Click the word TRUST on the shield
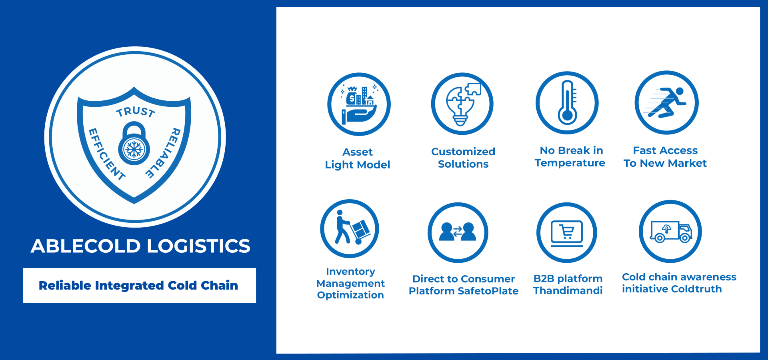pyautogui.click(x=136, y=112)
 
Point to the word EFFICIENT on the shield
pyautogui.click(x=106, y=154)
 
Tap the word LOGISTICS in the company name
pyautogui.click(x=199, y=246)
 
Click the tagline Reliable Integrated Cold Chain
pyautogui.click(x=138, y=285)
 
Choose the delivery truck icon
pyautogui.click(x=671, y=232)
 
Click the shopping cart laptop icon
pyautogui.click(x=567, y=233)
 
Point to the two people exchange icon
pyautogui.click(x=458, y=232)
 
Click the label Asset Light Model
pyautogui.click(x=358, y=158)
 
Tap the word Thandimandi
pyautogui.click(x=568, y=290)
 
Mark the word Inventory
pyautogui.click(x=350, y=272)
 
